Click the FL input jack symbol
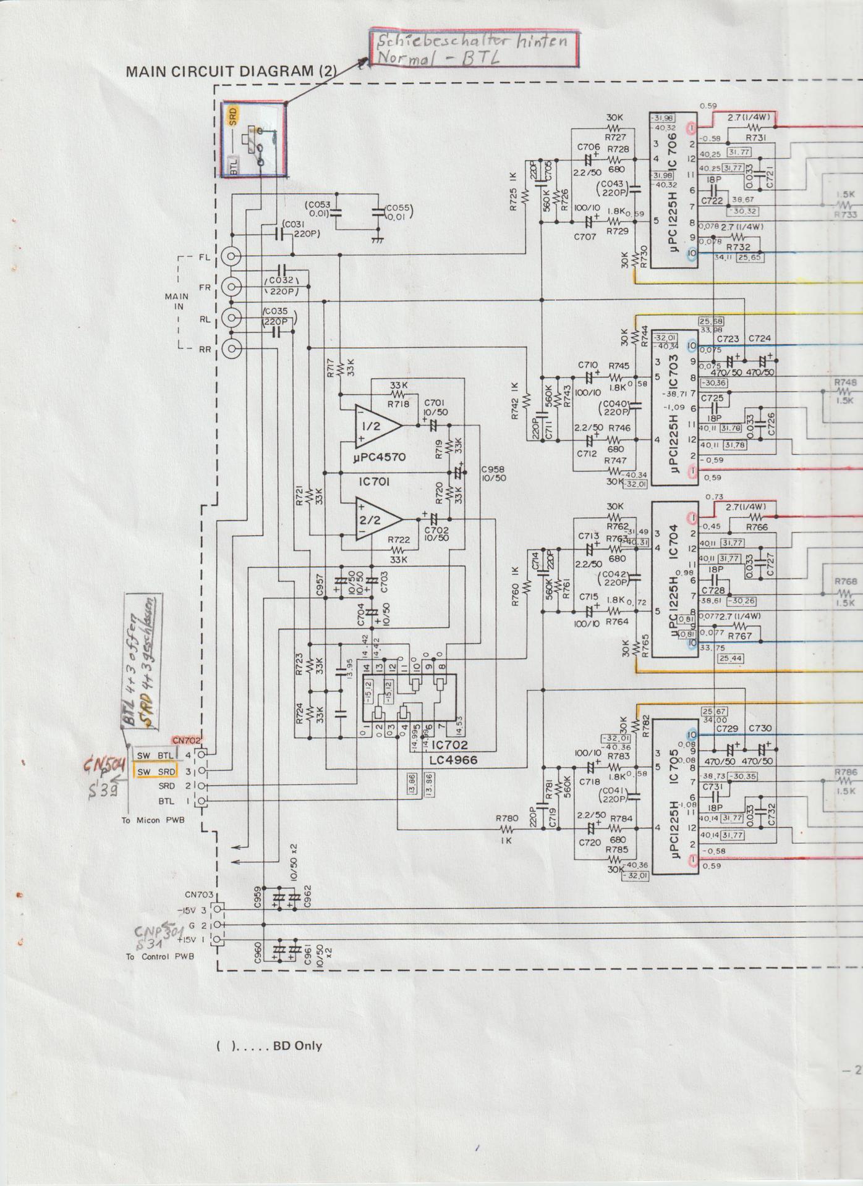[x=232, y=256]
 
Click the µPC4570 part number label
[x=380, y=458]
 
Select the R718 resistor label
[x=399, y=404]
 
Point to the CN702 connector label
[x=187, y=741]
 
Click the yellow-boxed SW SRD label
[x=156, y=772]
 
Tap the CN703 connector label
[x=199, y=894]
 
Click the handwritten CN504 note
[x=105, y=767]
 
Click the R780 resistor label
[x=506, y=818]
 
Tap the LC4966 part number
[x=453, y=760]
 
